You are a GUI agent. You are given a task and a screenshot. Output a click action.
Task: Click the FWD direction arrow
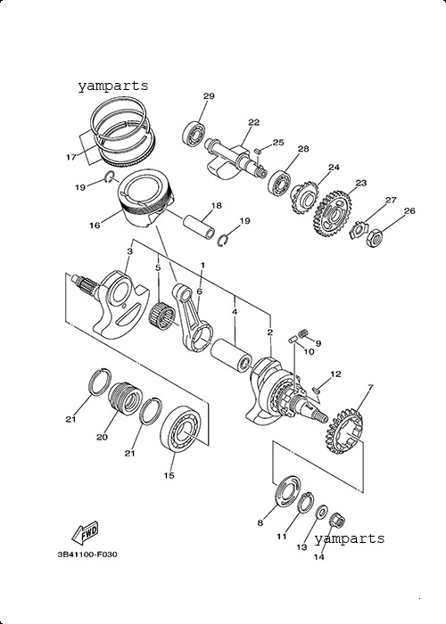click(85, 533)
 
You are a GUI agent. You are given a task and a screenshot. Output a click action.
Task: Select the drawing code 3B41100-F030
click(87, 554)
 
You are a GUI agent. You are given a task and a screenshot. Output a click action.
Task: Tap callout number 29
click(209, 96)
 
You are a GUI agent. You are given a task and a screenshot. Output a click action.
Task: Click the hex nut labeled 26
click(375, 237)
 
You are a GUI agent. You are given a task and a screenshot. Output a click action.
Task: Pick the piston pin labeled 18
click(199, 227)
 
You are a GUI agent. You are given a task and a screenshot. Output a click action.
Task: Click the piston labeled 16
click(145, 197)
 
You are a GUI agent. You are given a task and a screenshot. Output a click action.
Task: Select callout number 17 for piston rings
click(70, 158)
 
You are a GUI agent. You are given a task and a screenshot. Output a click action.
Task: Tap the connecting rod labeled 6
click(193, 316)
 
